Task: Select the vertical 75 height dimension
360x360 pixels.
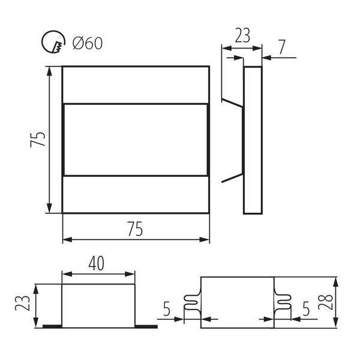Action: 37,139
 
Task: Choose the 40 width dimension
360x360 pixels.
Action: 98,262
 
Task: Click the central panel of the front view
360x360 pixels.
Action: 136,139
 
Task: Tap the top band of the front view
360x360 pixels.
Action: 136,84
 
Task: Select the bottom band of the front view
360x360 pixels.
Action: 136,194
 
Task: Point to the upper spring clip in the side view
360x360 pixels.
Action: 232,101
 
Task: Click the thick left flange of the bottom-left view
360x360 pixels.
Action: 52,326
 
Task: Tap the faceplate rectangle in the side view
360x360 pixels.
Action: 253,139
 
